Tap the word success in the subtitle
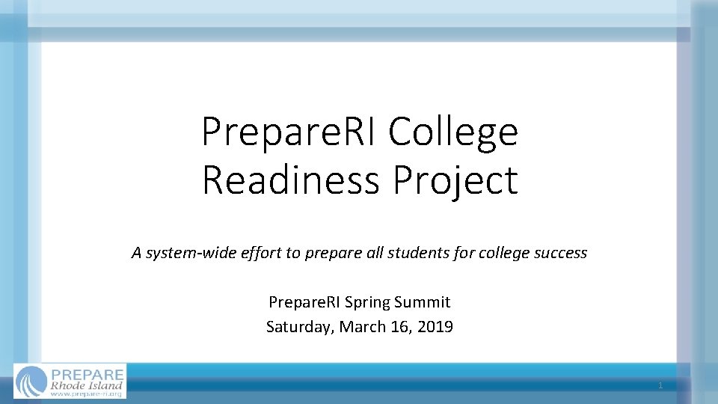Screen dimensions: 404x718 [560, 253]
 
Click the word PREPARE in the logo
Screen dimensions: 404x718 [86, 373]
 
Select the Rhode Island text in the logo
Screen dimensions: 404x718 [86, 385]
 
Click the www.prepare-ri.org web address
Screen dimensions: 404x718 [86, 394]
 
